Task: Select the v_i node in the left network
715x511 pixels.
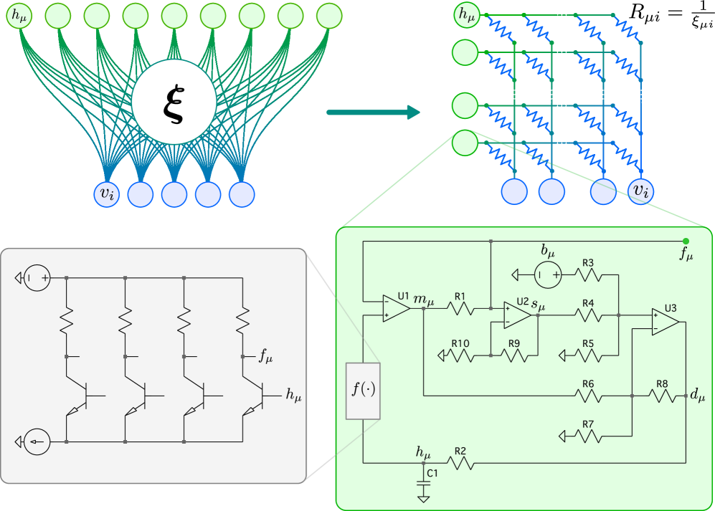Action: click(x=106, y=194)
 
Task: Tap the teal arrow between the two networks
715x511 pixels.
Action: click(x=373, y=112)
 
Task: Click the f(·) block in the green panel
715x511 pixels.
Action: click(x=363, y=391)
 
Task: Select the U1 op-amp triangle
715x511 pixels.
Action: click(x=395, y=308)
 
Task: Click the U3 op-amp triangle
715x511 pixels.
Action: click(x=664, y=322)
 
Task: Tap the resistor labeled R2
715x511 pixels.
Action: click(x=460, y=464)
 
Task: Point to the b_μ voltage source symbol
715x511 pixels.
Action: click(x=549, y=274)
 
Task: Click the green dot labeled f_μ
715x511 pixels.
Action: click(x=686, y=241)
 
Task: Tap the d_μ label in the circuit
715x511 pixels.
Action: click(x=697, y=395)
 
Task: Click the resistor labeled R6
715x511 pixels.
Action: click(x=588, y=395)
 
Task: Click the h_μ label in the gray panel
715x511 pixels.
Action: click(x=293, y=394)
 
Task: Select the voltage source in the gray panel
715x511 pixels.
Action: click(x=37, y=277)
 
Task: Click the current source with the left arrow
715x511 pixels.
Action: click(x=37, y=441)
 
